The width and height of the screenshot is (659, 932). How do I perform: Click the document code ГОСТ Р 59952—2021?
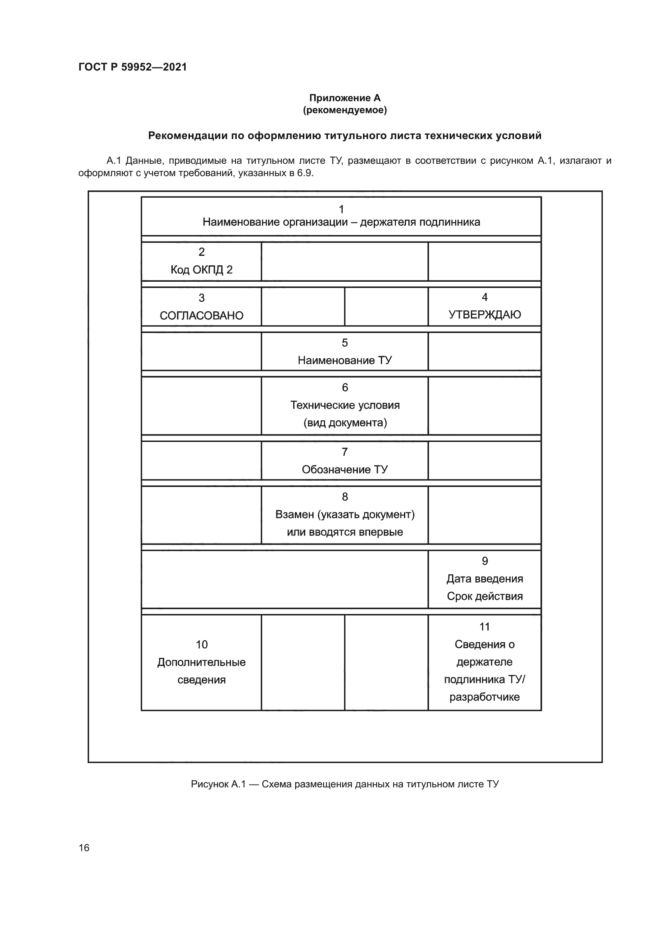pos(132,67)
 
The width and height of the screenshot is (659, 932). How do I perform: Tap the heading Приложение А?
pos(345,98)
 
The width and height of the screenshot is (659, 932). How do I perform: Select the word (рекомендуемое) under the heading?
pos(345,110)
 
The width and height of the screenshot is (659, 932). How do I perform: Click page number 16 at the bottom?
pos(84,848)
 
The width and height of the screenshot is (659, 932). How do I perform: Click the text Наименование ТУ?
pos(345,360)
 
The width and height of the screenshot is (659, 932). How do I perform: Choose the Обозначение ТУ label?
pos(345,469)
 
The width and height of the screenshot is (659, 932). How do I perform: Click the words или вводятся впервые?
pos(345,532)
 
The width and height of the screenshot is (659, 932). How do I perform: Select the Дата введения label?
pos(484,579)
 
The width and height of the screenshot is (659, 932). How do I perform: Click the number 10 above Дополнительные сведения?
pos(201,644)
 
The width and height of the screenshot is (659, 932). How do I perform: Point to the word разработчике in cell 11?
pos(484,697)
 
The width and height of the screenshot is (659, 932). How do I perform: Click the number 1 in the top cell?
pos(341,209)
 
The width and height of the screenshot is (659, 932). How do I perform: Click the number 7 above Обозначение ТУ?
pos(345,452)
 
